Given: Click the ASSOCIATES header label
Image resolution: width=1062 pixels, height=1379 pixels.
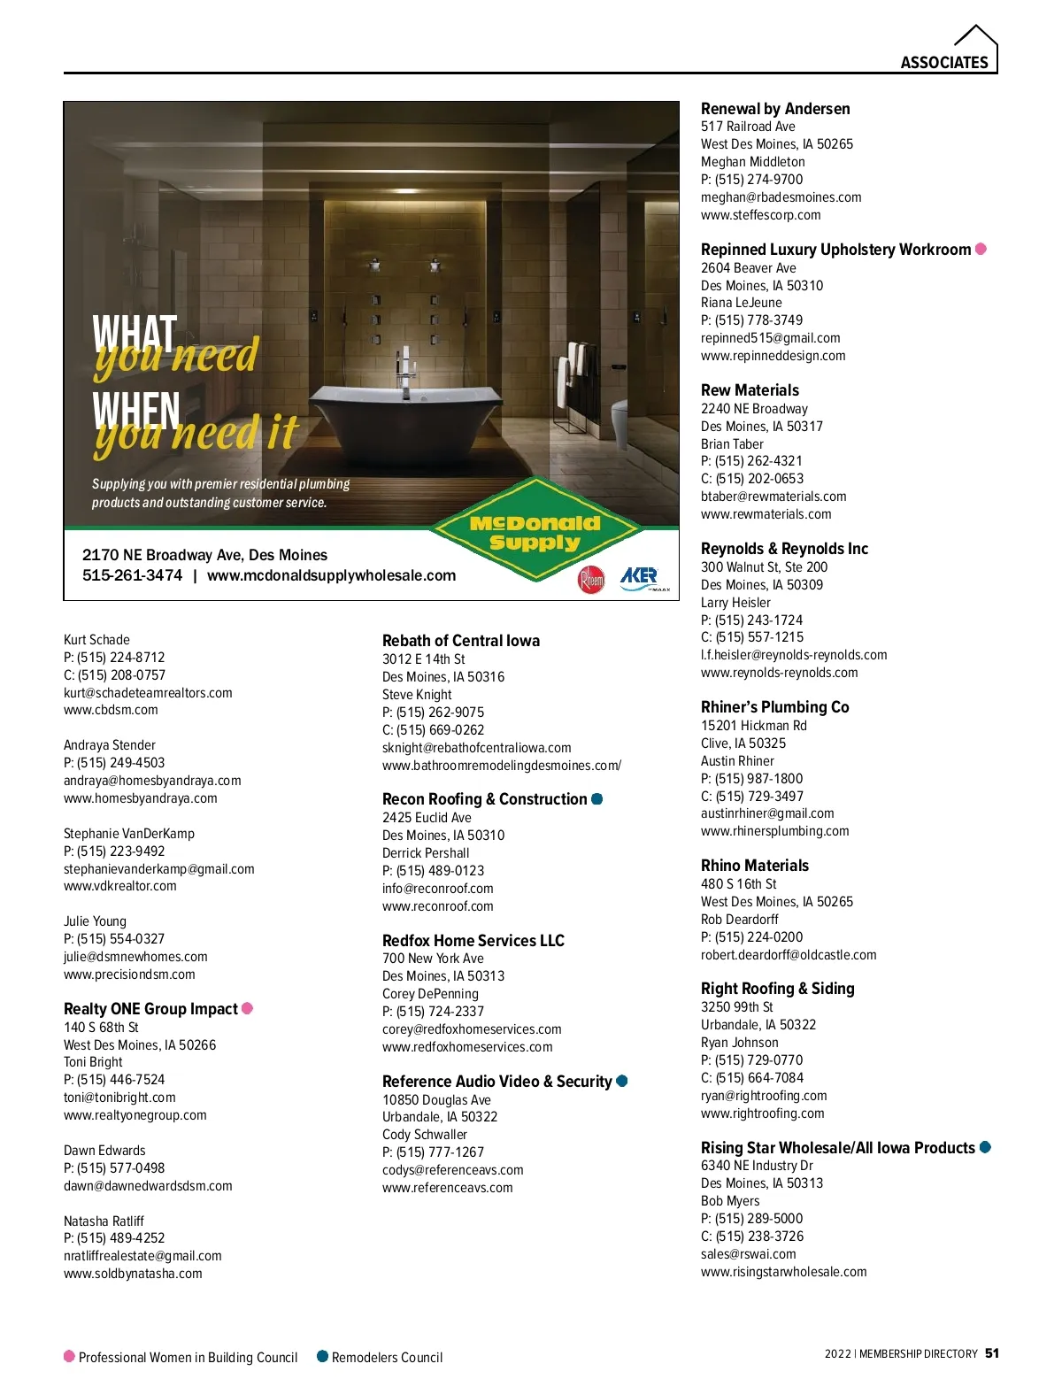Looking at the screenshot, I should click(943, 62).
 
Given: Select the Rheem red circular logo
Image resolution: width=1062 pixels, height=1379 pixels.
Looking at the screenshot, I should click(590, 580).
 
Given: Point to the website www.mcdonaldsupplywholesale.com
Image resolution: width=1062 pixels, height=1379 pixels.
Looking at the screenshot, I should click(331, 575).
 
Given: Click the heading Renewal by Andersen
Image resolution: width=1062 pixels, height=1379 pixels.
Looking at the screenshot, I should click(775, 109).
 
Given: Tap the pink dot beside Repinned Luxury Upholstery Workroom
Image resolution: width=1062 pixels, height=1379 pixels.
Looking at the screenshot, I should click(981, 249).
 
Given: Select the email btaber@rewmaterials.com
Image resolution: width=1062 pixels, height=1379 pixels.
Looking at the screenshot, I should click(773, 497).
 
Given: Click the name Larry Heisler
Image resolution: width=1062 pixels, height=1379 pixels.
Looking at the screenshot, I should click(735, 603).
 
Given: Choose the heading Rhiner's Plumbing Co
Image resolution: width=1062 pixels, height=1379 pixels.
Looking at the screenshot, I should click(774, 707).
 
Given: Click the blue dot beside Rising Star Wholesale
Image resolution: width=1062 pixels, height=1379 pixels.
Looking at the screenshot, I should click(985, 1147).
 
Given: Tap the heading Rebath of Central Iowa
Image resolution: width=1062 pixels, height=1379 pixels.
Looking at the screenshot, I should click(461, 641).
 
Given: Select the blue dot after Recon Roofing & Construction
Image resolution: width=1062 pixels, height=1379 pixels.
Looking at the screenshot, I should click(597, 799).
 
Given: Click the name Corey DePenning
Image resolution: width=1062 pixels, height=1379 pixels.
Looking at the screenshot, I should click(430, 994).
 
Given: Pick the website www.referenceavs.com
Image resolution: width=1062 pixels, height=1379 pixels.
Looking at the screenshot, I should click(447, 1188).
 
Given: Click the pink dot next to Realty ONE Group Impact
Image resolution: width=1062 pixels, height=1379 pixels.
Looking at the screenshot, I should click(248, 1008).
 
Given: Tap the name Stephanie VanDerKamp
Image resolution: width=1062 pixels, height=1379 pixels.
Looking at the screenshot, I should click(129, 834).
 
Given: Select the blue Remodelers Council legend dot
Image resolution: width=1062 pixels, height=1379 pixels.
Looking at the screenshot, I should click(322, 1356).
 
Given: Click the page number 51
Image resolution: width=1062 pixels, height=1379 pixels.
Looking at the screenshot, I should click(992, 1353).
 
